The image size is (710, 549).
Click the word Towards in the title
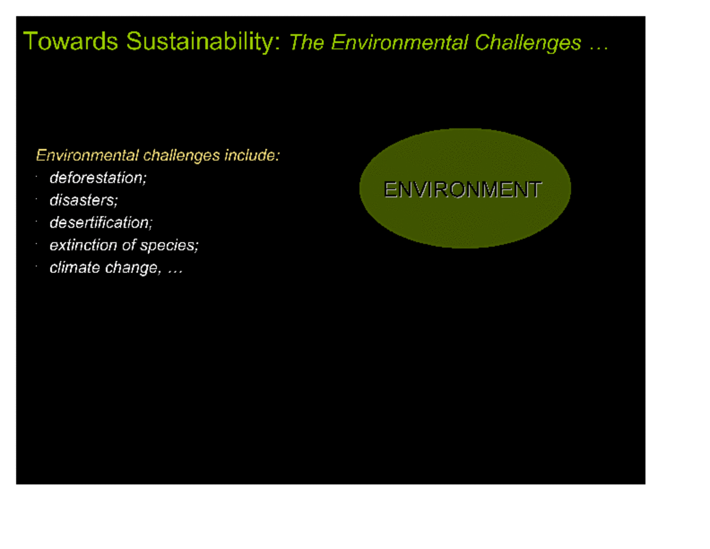click(71, 42)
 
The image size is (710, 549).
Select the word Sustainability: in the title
click(203, 42)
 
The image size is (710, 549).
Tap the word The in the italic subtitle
click(307, 43)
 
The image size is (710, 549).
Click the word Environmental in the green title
click(399, 43)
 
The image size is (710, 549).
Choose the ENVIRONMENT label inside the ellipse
click(463, 189)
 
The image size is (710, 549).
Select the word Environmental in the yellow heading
click(87, 155)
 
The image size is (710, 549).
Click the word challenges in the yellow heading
click(181, 156)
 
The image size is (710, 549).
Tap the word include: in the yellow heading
click(252, 155)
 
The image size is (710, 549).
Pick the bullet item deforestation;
click(98, 178)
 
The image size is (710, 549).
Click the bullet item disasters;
click(83, 200)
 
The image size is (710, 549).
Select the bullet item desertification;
click(101, 222)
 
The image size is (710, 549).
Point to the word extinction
click(83, 245)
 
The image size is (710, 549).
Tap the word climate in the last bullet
click(75, 268)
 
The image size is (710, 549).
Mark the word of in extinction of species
click(129, 245)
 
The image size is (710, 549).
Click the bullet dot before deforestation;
click(36, 177)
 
